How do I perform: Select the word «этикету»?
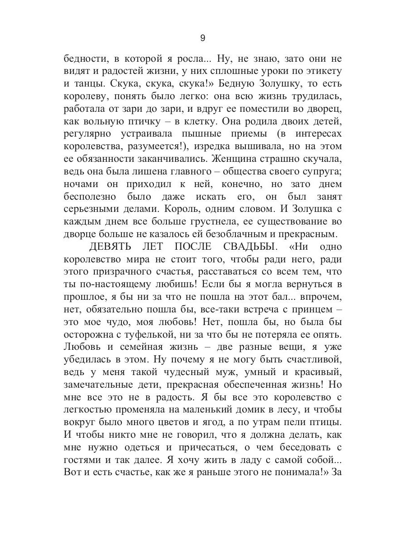click(321, 72)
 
